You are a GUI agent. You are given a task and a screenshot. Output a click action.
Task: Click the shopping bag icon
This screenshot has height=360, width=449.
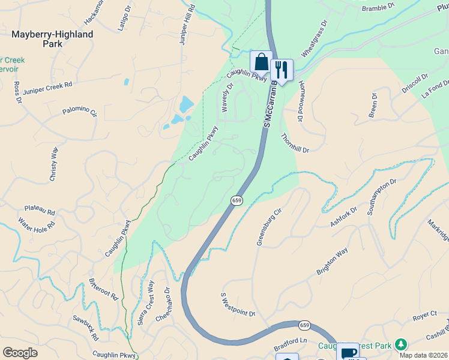[x=261, y=61]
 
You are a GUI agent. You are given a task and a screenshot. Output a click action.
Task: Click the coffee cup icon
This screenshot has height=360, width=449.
[x=348, y=352]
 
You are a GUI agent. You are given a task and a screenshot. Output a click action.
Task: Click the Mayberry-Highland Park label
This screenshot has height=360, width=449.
[x=53, y=39]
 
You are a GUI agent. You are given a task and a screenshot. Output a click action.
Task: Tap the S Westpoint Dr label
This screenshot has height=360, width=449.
[x=238, y=305]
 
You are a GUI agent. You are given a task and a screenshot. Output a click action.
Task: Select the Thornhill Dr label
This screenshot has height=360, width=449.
[x=294, y=142]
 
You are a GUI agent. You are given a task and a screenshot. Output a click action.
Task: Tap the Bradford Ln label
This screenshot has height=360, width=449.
[x=291, y=342]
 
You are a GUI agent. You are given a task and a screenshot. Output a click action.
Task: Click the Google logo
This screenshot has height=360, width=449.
[x=20, y=353]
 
